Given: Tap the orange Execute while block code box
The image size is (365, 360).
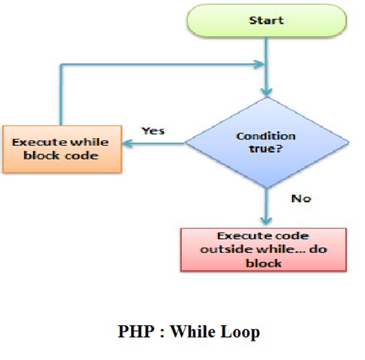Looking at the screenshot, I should click(62, 150).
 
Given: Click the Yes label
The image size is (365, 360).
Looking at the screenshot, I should click(154, 130).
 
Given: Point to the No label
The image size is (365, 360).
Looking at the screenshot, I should click(300, 199).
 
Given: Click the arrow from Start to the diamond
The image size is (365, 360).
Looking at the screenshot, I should click(265, 69).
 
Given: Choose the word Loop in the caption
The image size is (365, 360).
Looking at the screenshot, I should click(242, 332).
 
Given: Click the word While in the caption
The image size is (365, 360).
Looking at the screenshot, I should click(195, 332).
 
